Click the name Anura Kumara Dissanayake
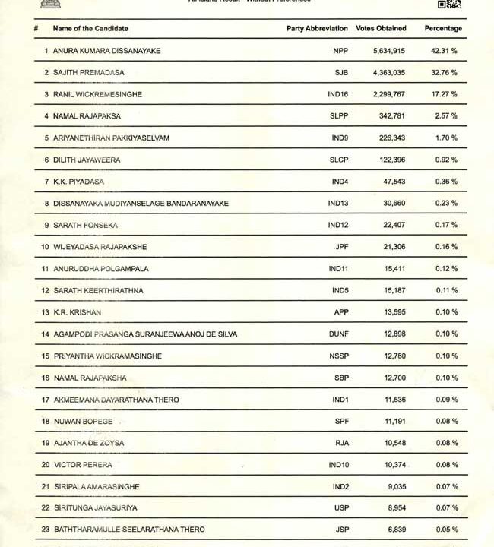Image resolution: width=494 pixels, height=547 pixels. coord(106,51)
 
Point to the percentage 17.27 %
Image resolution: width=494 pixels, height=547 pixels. coord(444,95)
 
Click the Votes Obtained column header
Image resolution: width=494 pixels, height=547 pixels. coord(381,29)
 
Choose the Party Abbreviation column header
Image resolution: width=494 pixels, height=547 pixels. coord(317,29)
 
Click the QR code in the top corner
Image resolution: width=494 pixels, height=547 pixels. coord(449,4)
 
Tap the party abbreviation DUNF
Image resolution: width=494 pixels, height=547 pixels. coord(338,334)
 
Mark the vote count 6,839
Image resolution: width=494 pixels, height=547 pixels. coord(393,530)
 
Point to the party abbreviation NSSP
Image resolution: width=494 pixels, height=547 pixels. coord(338,356)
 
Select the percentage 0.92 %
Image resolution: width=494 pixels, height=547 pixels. coord(446,160)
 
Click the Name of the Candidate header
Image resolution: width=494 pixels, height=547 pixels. coord(90,29)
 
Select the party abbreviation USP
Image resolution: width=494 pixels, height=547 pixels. coord(340,507)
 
